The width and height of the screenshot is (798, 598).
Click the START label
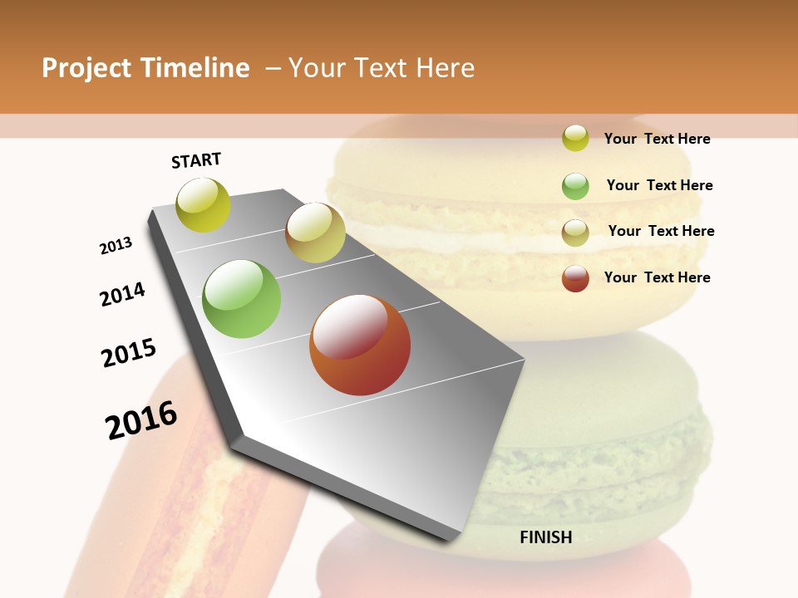(196, 160)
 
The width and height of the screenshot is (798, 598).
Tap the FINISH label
(545, 537)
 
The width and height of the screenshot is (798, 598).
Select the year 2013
(116, 246)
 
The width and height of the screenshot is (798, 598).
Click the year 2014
(123, 294)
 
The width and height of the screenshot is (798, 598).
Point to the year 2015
(129, 353)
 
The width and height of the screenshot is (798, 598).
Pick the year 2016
(142, 420)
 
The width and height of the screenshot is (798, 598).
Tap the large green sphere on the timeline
(242, 299)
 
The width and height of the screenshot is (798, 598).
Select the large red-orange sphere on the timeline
(360, 345)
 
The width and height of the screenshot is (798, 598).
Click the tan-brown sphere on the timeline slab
(315, 233)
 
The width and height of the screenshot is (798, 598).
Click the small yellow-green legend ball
(575, 138)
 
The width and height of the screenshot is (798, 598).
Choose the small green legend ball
(575, 186)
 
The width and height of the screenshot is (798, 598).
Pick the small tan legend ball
(575, 233)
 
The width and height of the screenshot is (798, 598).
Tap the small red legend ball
(575, 278)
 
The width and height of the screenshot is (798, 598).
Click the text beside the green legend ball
(659, 185)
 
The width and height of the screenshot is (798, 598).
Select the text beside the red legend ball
(657, 277)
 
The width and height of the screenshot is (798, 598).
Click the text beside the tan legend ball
(661, 231)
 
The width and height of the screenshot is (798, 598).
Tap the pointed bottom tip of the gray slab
(453, 538)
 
